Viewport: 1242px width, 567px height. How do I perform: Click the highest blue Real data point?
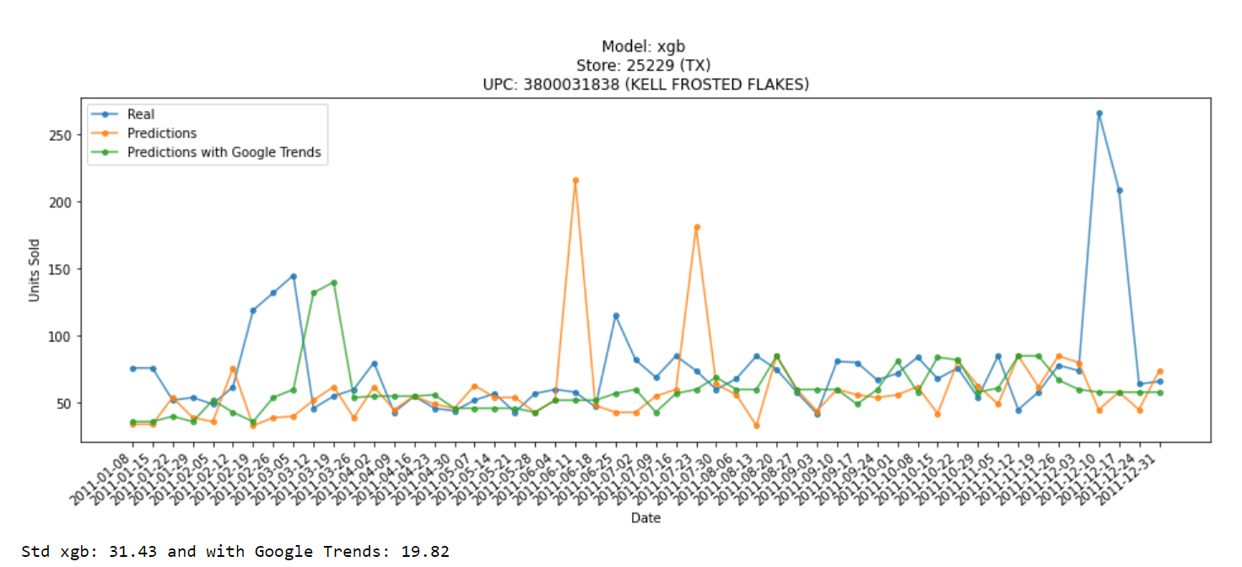click(x=1099, y=113)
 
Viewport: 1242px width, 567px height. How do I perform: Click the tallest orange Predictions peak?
click(x=575, y=180)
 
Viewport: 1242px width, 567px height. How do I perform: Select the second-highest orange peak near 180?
click(x=696, y=227)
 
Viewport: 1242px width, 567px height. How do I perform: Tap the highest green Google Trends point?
click(x=334, y=283)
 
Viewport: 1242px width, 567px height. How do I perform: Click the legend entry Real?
click(x=141, y=114)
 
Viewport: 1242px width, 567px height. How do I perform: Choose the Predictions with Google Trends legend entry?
click(x=224, y=153)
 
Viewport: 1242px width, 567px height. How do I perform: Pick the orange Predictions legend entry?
click(x=161, y=133)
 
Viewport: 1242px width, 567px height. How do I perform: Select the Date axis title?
click(x=645, y=518)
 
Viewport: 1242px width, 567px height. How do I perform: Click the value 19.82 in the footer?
click(x=427, y=552)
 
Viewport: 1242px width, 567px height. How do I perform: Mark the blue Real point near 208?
click(x=1120, y=191)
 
